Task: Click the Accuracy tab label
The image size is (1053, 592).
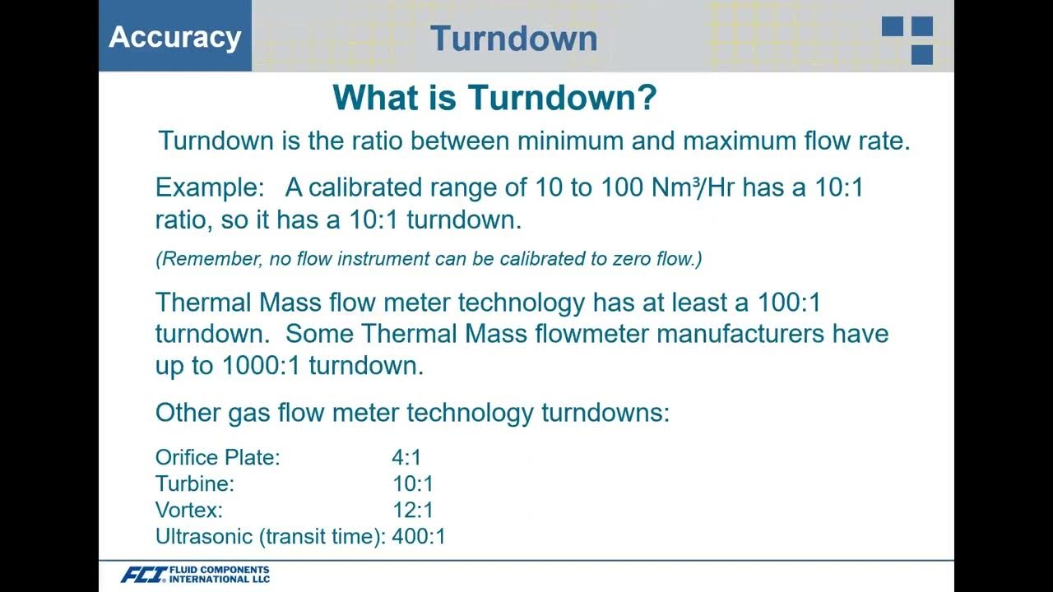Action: (175, 37)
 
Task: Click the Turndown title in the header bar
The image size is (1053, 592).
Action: (513, 39)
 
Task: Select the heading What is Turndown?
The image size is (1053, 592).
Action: (494, 99)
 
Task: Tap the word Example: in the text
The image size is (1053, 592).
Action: (208, 187)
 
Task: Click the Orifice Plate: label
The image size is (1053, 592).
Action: (218, 458)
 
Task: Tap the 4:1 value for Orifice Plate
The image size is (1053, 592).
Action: (406, 458)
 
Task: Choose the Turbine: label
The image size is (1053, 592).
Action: (195, 484)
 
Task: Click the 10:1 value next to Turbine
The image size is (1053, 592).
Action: (413, 484)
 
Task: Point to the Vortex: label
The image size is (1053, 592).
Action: (189, 511)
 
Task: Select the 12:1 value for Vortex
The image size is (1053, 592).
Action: (413, 511)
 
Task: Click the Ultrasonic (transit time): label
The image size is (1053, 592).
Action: (270, 537)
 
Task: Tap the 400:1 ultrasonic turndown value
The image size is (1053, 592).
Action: (419, 537)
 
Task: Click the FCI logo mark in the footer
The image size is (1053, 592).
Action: (143, 575)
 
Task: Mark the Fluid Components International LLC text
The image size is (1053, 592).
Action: (219, 575)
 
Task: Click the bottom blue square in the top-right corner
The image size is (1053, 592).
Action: (922, 54)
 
